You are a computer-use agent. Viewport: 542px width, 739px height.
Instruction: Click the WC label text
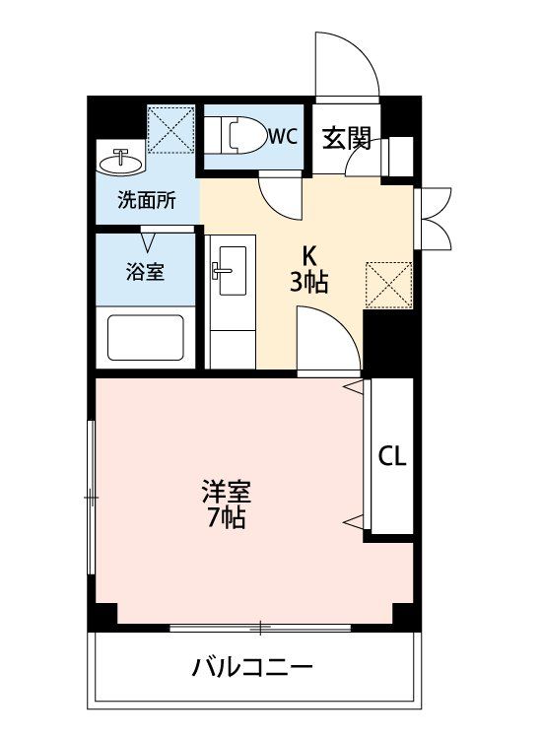[283, 136]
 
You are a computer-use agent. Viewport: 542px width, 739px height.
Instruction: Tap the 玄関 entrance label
[348, 137]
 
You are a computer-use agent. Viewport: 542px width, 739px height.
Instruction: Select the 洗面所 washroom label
[147, 200]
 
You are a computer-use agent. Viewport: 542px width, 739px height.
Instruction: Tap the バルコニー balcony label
[253, 668]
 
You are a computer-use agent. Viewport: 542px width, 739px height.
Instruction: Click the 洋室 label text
[226, 490]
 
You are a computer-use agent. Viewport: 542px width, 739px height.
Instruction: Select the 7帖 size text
[226, 516]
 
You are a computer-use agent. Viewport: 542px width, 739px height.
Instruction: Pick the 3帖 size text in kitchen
[308, 283]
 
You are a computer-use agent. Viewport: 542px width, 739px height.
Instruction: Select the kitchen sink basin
[230, 265]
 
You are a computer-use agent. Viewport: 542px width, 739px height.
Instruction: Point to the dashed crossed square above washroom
[169, 128]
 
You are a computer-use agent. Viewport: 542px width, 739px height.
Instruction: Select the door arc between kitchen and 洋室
[328, 340]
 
